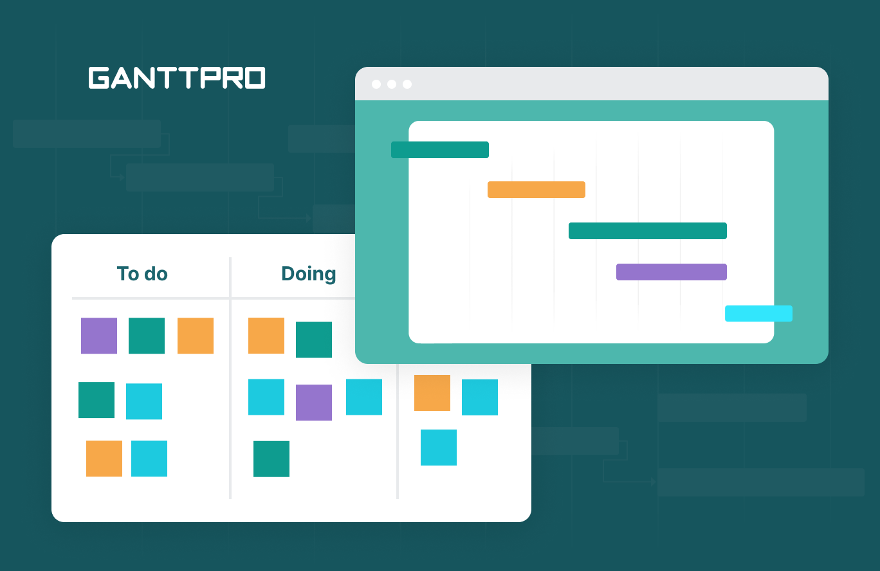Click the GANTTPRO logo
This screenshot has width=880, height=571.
pos(177,78)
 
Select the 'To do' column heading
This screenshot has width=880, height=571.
pos(142,274)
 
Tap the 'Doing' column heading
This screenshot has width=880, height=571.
pos(309,274)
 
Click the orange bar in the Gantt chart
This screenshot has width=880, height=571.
pos(536,190)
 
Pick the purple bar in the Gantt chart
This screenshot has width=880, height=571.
pos(671,272)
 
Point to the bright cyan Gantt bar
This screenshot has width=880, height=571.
pos(758,314)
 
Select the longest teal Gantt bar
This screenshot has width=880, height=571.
pos(647,231)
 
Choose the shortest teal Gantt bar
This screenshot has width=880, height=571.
pos(440,150)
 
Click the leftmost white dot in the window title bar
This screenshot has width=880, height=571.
pos(376,84)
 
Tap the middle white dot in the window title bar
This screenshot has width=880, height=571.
pos(392,84)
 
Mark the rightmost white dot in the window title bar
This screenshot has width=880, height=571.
pos(407,84)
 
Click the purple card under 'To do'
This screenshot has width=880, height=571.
pos(99,336)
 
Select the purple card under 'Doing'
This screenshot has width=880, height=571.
pos(314,403)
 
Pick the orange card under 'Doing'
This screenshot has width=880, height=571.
pos(266,336)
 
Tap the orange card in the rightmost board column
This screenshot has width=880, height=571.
pos(432,393)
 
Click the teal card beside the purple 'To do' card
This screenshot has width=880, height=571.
pos(147,336)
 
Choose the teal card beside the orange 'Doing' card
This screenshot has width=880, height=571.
pos(314,340)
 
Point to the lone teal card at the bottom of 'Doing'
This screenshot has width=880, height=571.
pos(271,459)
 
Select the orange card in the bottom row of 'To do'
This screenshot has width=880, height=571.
pos(104,458)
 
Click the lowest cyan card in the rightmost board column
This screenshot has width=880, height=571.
pos(439,448)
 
